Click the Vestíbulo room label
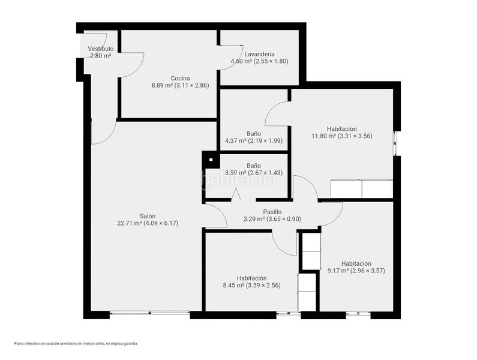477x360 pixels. point(101,49)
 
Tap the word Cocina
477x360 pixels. point(180,78)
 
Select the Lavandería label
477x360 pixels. point(259,54)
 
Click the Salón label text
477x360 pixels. point(148,216)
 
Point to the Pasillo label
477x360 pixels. point(272,212)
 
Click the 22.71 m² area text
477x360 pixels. point(148,223)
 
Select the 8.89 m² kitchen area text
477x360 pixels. point(180,86)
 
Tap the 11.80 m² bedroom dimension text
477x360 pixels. point(341,136)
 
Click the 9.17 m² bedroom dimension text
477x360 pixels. point(356,271)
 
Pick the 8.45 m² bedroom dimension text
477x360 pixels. point(251,286)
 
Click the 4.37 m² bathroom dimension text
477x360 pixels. point(254,141)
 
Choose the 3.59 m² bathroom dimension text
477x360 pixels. point(254,173)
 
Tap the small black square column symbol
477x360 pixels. point(211,160)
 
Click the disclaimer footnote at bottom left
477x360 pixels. point(76,344)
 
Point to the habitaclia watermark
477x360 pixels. point(239,179)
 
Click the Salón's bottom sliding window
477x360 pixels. point(149,313)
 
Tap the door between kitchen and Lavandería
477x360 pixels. point(231,58)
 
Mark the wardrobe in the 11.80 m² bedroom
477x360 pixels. point(361,189)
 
